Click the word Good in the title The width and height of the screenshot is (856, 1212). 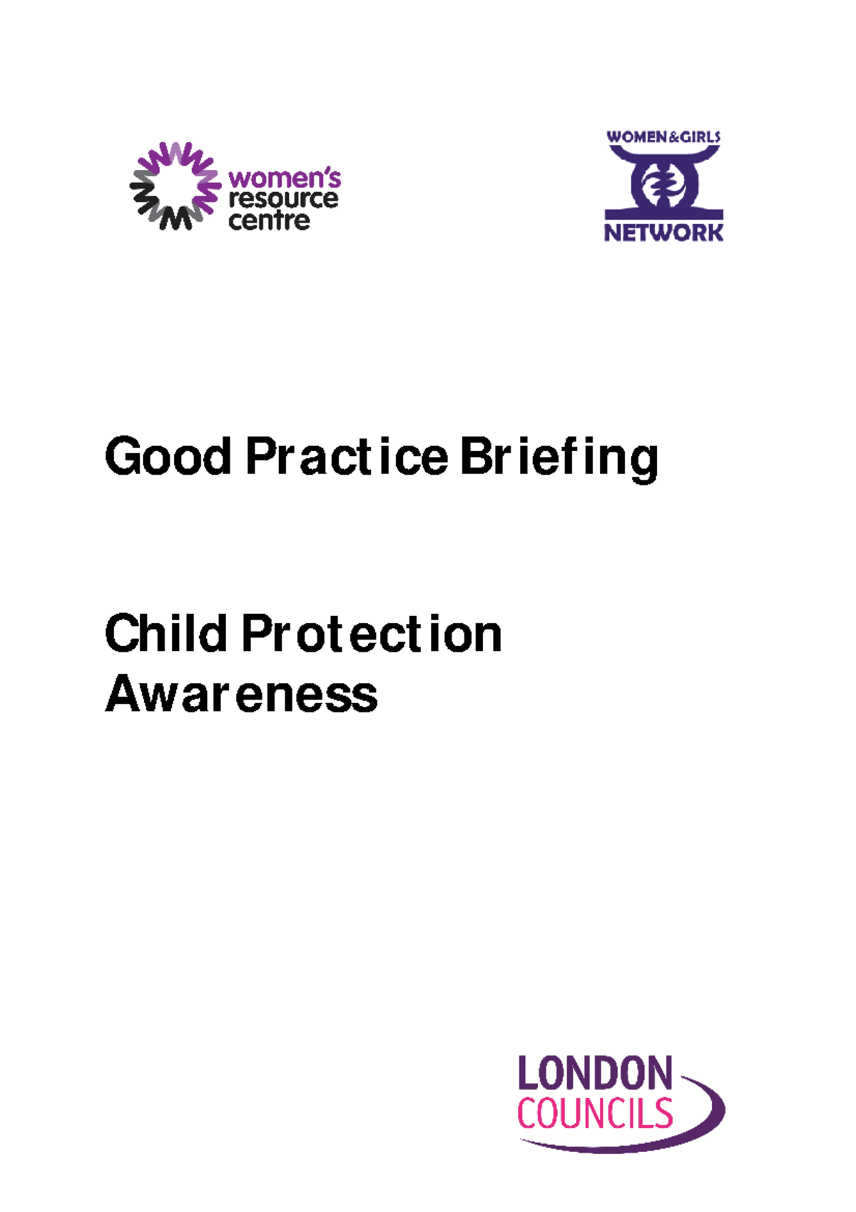click(168, 457)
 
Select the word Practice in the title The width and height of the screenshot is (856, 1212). click(347, 457)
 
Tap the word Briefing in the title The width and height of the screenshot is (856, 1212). click(559, 458)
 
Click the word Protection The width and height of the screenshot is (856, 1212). click(372, 634)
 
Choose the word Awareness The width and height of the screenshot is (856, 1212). click(241, 694)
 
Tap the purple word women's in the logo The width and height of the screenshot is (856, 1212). click(284, 178)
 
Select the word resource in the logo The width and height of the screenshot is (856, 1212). click(283, 199)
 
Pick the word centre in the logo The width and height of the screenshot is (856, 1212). click(269, 221)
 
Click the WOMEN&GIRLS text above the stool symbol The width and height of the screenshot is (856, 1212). click(663, 137)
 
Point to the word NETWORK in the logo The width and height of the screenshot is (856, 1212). click(663, 233)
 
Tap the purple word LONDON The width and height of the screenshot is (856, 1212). click(594, 1073)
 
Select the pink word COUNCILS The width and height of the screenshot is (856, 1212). click(594, 1114)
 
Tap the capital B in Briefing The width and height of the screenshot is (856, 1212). click(476, 457)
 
